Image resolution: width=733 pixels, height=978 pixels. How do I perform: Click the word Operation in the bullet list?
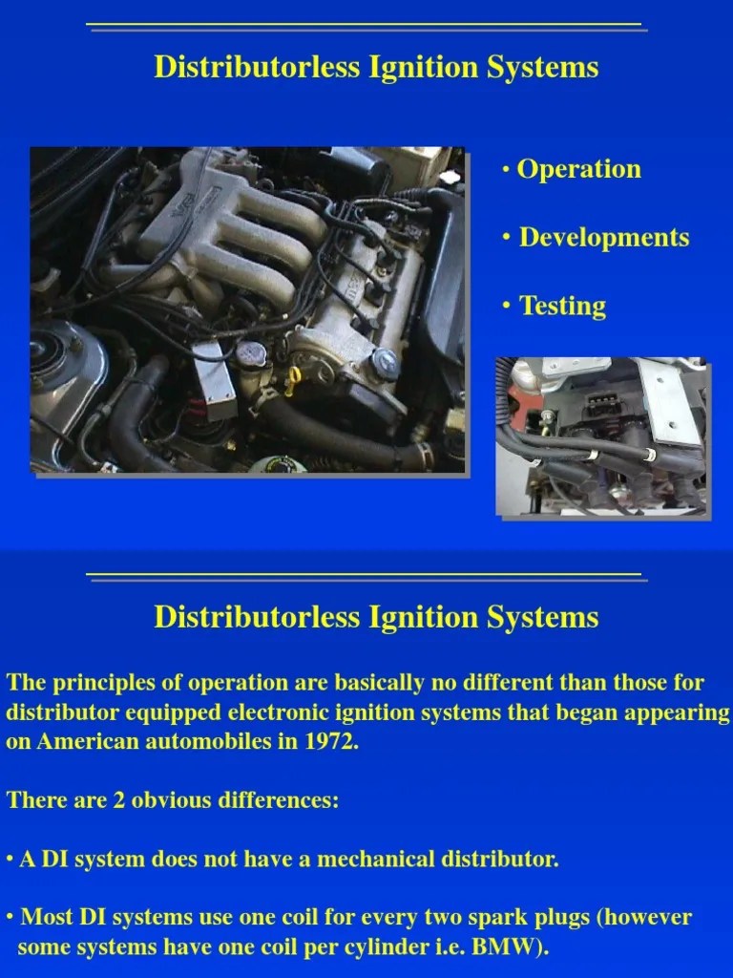pyautogui.click(x=578, y=169)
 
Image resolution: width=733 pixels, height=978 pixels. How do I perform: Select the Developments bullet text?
pyautogui.click(x=603, y=237)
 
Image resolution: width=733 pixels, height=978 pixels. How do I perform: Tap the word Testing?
pyautogui.click(x=562, y=306)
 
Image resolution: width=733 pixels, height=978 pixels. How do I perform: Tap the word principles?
pyautogui.click(x=92, y=683)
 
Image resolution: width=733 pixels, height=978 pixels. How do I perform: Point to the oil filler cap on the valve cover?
pyautogui.click(x=384, y=362)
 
